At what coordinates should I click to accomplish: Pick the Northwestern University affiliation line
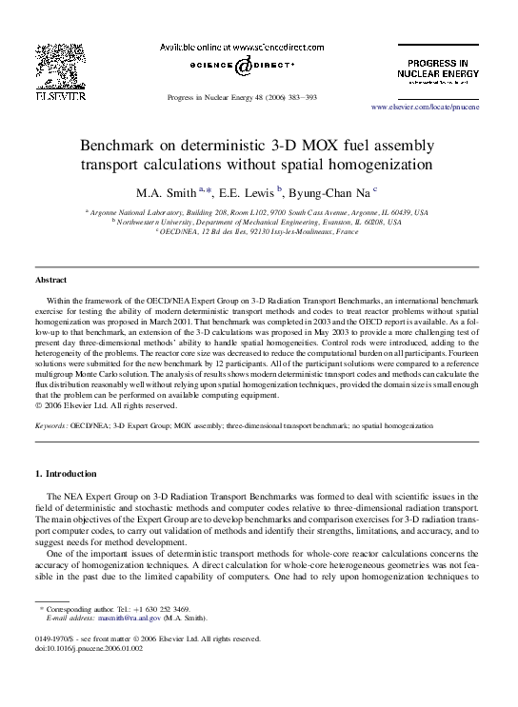[x=258, y=221]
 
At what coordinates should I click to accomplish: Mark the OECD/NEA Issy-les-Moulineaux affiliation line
[x=258, y=230]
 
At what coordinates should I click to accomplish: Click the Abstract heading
[x=50, y=281]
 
